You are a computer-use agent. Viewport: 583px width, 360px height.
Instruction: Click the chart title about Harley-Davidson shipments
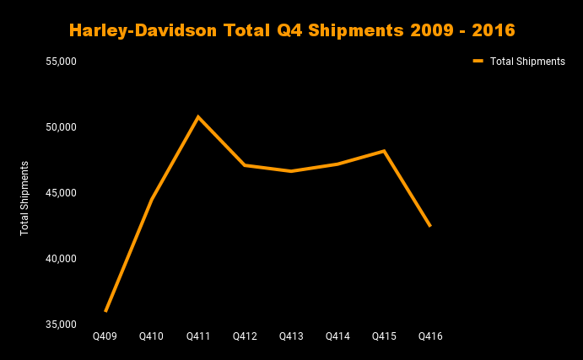click(291, 30)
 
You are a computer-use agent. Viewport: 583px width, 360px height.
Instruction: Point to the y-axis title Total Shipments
click(24, 198)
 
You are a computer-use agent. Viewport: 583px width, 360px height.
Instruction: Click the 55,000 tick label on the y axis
click(61, 62)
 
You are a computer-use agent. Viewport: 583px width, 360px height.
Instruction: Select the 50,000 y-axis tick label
click(61, 127)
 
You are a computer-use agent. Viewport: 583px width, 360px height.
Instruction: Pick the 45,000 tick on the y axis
click(61, 193)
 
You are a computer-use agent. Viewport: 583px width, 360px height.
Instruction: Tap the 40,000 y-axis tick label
click(61, 259)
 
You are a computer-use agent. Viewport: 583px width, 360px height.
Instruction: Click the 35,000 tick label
click(61, 325)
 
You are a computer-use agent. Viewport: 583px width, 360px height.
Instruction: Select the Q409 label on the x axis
click(105, 336)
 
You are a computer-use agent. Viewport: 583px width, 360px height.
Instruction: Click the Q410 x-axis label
click(152, 336)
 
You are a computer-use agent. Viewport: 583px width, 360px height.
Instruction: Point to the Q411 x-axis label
click(198, 336)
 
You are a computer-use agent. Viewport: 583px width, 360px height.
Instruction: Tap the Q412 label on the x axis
click(245, 336)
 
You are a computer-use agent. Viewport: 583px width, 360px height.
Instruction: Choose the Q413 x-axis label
click(291, 336)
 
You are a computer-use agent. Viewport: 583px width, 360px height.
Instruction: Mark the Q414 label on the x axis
click(337, 336)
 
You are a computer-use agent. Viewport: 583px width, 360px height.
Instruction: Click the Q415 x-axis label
click(384, 336)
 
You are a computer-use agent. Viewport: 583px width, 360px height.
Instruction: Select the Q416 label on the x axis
click(430, 336)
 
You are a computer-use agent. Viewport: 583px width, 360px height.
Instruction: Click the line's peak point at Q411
click(198, 116)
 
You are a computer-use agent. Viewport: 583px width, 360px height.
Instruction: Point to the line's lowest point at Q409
click(105, 311)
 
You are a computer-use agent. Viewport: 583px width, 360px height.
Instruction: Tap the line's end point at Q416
click(430, 226)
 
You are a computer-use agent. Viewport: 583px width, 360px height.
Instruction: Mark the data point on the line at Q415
click(384, 151)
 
